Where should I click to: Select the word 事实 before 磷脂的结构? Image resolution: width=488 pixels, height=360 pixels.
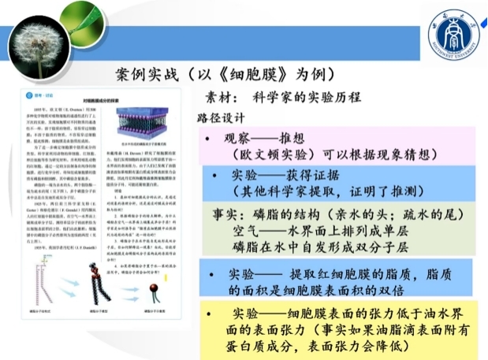pos(228,214)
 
